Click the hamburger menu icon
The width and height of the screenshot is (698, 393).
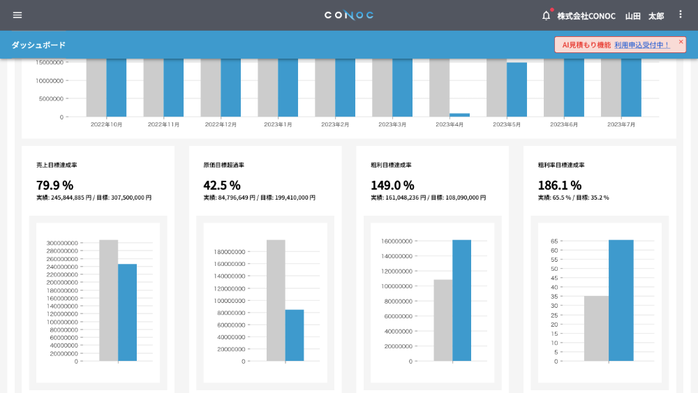(x=17, y=15)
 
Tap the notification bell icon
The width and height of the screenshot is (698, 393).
(x=547, y=15)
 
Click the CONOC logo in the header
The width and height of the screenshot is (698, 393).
(x=349, y=15)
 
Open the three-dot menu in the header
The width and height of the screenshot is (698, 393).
(x=680, y=15)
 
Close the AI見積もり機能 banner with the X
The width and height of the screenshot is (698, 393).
(x=681, y=41)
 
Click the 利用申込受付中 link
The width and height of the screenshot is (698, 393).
(x=642, y=45)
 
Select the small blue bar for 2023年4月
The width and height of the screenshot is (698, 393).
(x=459, y=115)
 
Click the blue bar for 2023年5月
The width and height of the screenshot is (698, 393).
(x=517, y=89)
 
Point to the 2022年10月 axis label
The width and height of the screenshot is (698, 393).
(x=106, y=125)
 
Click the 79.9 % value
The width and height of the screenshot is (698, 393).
(x=54, y=185)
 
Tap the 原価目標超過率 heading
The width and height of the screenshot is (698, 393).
(x=224, y=165)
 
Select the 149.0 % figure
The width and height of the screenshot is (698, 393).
(x=392, y=185)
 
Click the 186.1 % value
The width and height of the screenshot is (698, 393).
(x=560, y=185)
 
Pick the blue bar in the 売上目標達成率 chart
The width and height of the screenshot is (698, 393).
(x=127, y=313)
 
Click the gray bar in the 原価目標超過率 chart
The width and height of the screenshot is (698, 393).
(x=276, y=300)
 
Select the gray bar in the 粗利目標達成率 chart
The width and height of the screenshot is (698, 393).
(x=443, y=320)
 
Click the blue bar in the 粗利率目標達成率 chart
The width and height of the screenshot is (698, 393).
(x=621, y=300)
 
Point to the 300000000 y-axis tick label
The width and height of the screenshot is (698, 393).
(x=62, y=243)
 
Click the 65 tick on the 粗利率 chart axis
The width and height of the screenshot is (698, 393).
(x=554, y=242)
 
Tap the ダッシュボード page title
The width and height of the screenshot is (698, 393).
(x=38, y=45)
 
